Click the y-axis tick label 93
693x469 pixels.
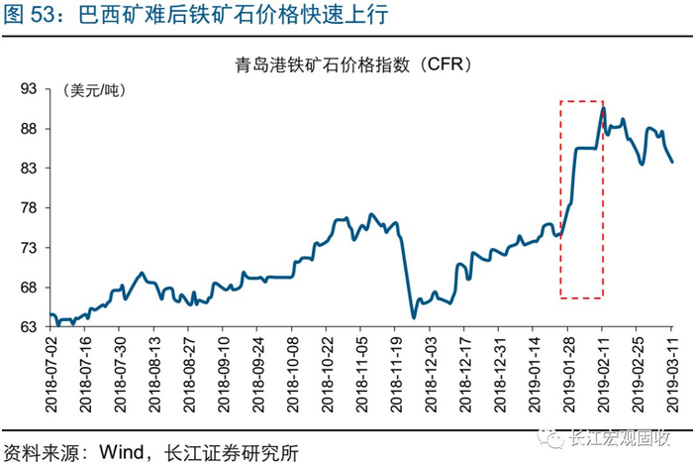pyautogui.click(x=29, y=89)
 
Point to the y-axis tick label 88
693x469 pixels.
pyautogui.click(x=29, y=129)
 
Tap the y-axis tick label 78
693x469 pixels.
pyautogui.click(x=29, y=208)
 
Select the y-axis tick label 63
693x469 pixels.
pyautogui.click(x=29, y=327)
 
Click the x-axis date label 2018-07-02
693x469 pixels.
pyautogui.click(x=51, y=375)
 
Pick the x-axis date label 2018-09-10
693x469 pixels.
pyautogui.click(x=224, y=375)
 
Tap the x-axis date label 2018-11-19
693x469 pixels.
pyautogui.click(x=396, y=375)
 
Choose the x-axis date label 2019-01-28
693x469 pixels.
pyautogui.click(x=569, y=375)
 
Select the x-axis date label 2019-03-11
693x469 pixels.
pyautogui.click(x=672, y=375)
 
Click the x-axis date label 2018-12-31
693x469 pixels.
pyautogui.click(x=500, y=375)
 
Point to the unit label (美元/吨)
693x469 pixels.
pyautogui.click(x=94, y=90)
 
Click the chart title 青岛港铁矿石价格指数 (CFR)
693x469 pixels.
pyautogui.click(x=353, y=65)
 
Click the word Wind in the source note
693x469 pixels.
pyautogui.click(x=121, y=452)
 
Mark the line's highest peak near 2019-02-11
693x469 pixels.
pyautogui.click(x=603, y=107)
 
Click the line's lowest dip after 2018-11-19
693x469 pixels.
pyautogui.click(x=414, y=317)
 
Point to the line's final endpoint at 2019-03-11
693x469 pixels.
pyautogui.click(x=672, y=162)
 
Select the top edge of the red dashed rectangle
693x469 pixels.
pyautogui.click(x=582, y=101)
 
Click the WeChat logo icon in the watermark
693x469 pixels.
pyautogui.click(x=550, y=437)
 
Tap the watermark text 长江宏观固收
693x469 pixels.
pyautogui.click(x=620, y=438)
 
